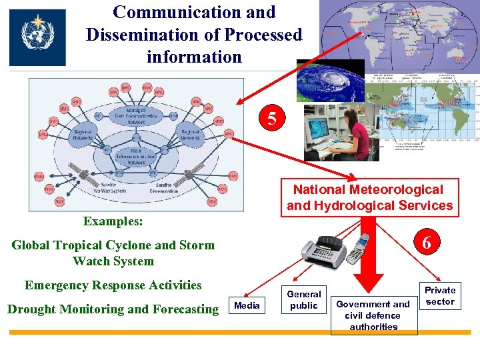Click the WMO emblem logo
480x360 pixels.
[x=37, y=37]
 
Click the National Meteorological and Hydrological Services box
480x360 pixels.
[x=369, y=198]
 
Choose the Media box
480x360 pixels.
[x=248, y=305]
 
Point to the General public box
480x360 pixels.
[x=303, y=299]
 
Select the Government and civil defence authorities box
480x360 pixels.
[x=373, y=315]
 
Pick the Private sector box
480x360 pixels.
[x=440, y=295]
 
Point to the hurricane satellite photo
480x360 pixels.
[x=331, y=82]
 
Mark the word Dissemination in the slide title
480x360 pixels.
[x=137, y=35]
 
